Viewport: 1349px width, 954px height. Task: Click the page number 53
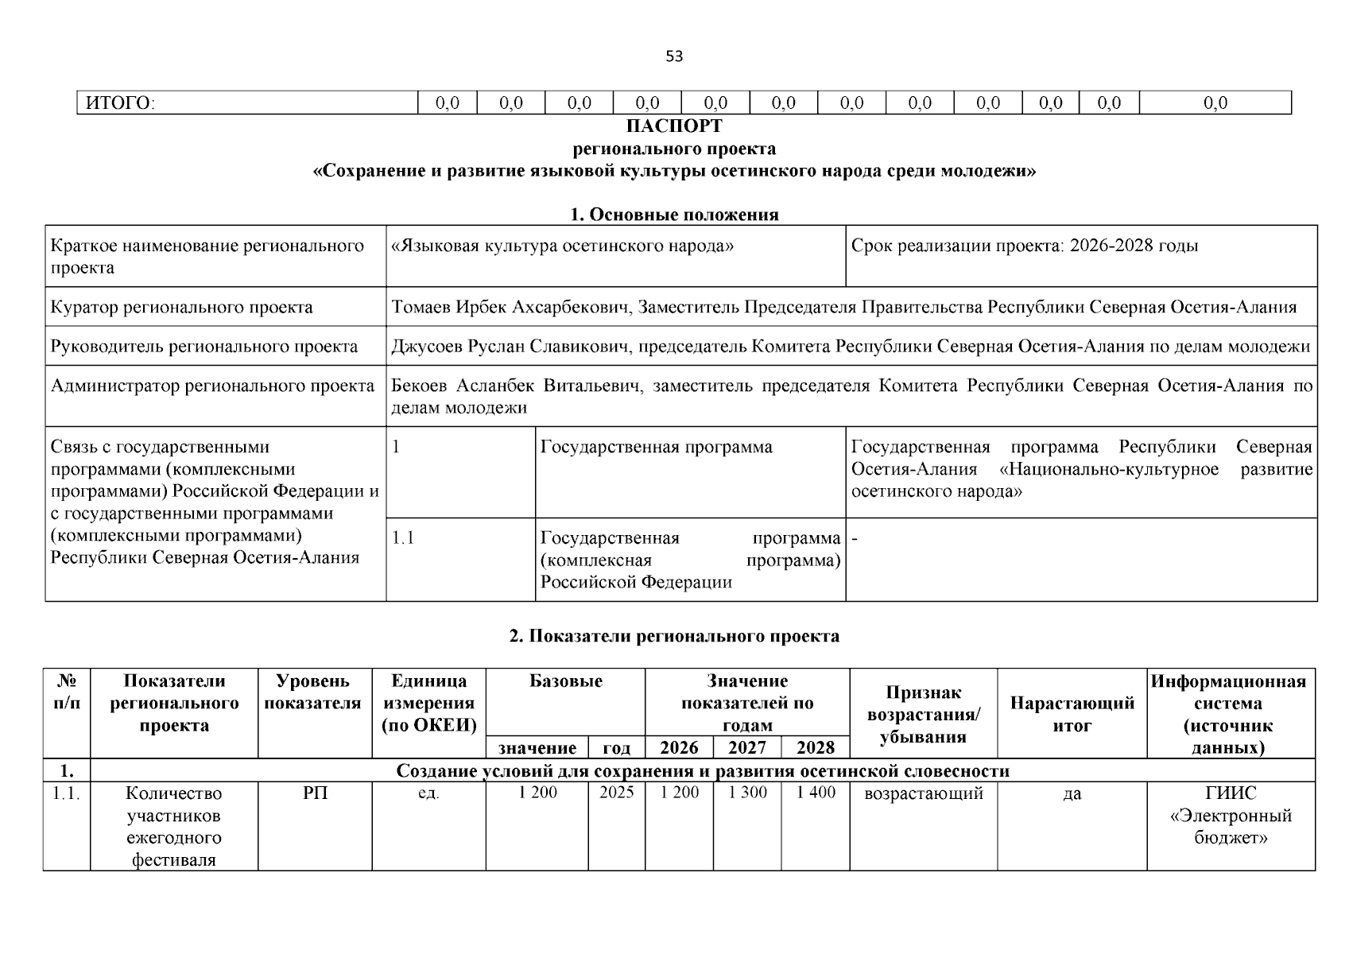click(x=673, y=56)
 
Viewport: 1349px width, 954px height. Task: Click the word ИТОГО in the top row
click(x=119, y=103)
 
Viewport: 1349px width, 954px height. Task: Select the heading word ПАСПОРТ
click(x=674, y=126)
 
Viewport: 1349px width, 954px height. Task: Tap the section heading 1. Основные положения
click(x=674, y=215)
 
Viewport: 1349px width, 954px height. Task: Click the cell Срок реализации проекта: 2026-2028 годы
click(x=1024, y=246)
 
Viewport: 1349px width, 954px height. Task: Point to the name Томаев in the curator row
click(x=421, y=308)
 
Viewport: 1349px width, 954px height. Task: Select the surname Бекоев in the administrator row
click(x=420, y=386)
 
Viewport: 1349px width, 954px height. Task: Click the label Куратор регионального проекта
click(x=182, y=308)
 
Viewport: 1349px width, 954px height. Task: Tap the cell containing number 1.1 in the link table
click(x=404, y=538)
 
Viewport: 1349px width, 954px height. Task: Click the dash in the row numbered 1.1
click(x=855, y=538)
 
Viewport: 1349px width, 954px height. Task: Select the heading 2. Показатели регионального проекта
click(x=674, y=636)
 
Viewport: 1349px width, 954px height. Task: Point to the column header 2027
click(x=747, y=748)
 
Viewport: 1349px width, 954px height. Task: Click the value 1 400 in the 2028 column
click(x=816, y=793)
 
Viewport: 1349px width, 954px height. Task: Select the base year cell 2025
click(x=616, y=793)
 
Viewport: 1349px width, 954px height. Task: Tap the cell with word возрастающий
click(x=923, y=793)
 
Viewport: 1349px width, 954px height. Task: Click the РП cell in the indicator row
click(x=315, y=793)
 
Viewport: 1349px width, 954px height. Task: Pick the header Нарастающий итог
click(x=1072, y=714)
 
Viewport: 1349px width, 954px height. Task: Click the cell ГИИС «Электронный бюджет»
click(x=1231, y=816)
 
